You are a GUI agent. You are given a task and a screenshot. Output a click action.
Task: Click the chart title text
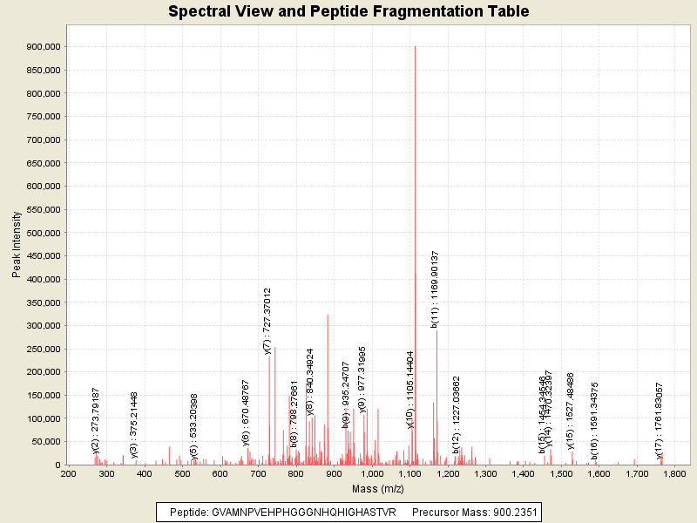point(348,12)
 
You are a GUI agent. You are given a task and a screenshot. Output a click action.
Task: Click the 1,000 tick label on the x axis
point(372,474)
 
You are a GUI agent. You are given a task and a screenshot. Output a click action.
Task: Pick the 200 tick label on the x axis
point(68,474)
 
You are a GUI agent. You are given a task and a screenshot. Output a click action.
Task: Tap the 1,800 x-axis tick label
point(675,474)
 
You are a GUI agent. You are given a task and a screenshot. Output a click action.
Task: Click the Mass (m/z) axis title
point(379,488)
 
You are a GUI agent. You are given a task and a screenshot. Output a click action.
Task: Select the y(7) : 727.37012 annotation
point(268,321)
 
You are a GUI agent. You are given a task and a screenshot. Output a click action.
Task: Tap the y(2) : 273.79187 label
point(96,421)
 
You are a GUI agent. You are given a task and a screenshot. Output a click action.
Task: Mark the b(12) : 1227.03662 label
point(456,415)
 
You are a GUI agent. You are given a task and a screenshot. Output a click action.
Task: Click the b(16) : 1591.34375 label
point(595,420)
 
